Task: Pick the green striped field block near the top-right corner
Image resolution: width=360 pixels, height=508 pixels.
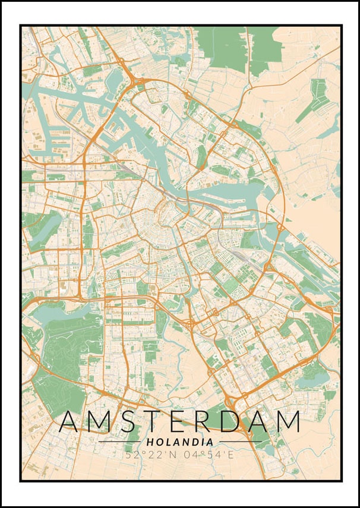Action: (x=315, y=98)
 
